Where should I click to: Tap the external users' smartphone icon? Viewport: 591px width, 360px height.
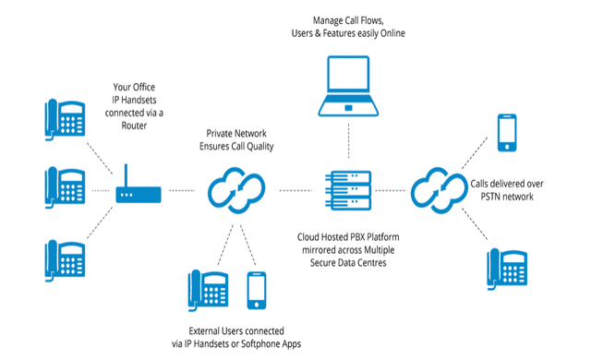coord(256,290)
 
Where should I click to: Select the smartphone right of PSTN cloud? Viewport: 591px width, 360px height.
coord(508,131)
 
